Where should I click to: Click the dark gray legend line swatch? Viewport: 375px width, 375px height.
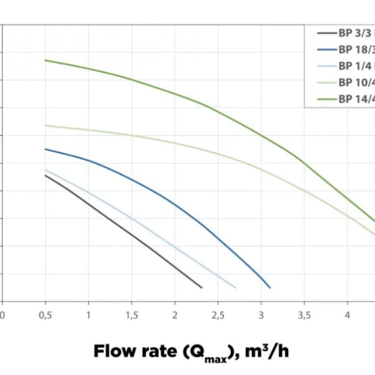click(x=326, y=33)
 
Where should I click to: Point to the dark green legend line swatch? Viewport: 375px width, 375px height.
click(x=326, y=99)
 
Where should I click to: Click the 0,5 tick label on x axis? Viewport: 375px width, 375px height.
click(x=45, y=316)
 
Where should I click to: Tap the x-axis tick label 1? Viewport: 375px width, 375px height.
click(x=88, y=316)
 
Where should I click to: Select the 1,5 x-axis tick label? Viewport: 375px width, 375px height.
click(x=131, y=316)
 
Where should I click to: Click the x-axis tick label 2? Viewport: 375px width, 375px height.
click(x=174, y=316)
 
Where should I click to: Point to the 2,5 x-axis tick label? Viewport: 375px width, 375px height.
click(x=217, y=316)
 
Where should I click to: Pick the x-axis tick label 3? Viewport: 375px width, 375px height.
click(x=261, y=316)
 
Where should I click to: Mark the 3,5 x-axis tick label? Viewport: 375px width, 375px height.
click(x=304, y=316)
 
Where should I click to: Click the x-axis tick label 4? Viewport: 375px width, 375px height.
click(x=347, y=316)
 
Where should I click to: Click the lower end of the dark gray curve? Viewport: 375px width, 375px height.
click(x=202, y=287)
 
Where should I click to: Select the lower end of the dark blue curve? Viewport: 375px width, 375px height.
click(x=269, y=287)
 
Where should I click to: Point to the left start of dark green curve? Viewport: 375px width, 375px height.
click(x=46, y=60)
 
